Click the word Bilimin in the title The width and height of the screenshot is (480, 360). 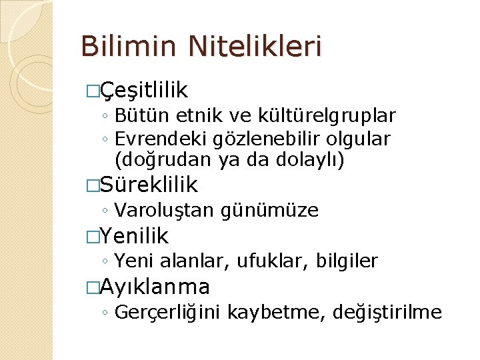pyautogui.click(x=129, y=47)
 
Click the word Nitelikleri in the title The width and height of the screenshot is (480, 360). pyautogui.click(x=255, y=47)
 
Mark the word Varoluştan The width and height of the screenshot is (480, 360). pyautogui.click(x=163, y=211)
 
